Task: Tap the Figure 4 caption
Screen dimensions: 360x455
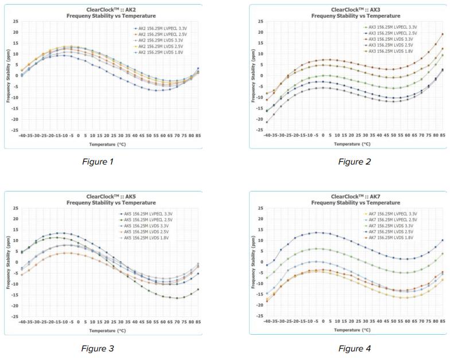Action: pos(355,348)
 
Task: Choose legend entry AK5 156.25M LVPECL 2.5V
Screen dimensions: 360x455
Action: pos(147,220)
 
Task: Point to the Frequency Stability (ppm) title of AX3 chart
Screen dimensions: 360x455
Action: pos(253,81)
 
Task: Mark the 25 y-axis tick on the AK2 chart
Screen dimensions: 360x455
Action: pos(17,21)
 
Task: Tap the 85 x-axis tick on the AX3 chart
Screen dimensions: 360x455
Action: pos(442,136)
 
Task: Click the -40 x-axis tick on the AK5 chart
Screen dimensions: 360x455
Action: pos(23,322)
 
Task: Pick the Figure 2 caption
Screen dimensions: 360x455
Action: pos(355,162)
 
